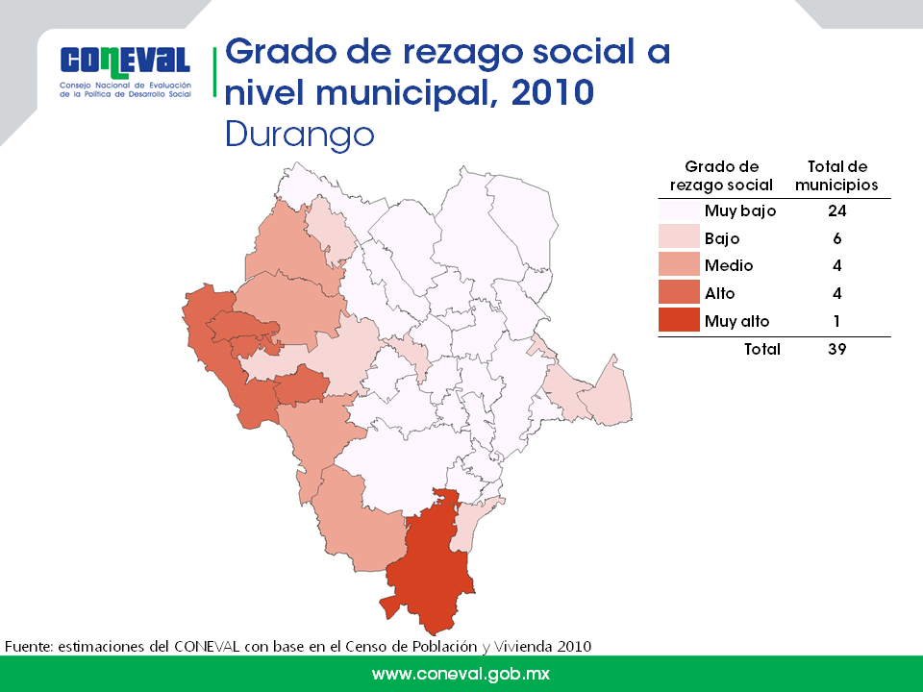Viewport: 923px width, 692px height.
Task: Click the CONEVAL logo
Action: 125,72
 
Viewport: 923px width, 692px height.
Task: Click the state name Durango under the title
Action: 300,136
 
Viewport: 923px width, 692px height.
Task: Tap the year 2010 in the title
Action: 553,92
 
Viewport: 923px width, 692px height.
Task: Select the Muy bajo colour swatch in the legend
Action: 679,210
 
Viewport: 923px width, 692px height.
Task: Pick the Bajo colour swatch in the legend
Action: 679,237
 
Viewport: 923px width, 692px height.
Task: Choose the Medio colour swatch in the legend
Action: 679,265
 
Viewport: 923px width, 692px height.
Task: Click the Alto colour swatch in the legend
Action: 679,292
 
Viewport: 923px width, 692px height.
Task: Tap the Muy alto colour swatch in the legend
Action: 679,320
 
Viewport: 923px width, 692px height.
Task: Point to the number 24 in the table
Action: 836,210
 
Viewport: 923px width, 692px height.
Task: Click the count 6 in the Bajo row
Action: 837,238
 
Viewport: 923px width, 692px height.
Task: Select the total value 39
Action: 837,349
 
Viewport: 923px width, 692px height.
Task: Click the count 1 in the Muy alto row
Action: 837,321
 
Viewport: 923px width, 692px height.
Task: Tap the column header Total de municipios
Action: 836,175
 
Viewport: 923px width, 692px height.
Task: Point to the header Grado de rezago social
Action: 721,175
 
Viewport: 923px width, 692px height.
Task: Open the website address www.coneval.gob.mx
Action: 461,674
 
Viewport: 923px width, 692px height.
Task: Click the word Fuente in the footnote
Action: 28,646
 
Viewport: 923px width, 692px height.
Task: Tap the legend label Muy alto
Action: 737,321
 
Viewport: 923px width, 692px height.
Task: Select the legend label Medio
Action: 729,265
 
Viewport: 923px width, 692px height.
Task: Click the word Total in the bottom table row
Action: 762,349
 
